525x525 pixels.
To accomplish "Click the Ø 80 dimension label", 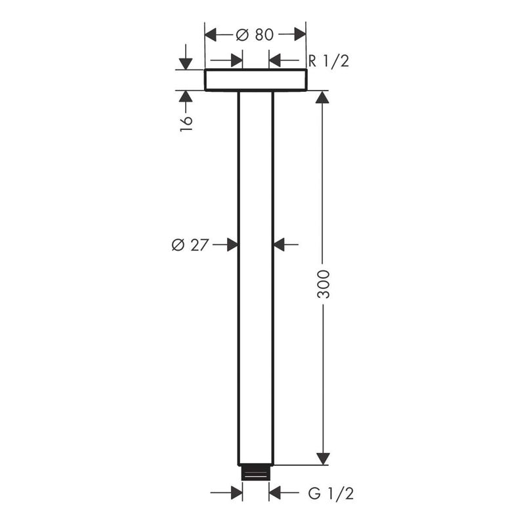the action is coord(255,35).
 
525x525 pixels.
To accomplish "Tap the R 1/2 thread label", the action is coord(329,61).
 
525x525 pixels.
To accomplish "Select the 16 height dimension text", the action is coord(186,124).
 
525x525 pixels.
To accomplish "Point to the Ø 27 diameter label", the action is coord(190,245).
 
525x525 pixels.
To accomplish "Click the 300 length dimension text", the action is coord(324,284).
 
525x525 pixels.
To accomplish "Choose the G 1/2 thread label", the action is coord(331,493).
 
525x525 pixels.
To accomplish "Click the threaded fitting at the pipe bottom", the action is coord(255,472).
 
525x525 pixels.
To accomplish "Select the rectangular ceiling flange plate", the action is coord(255,79).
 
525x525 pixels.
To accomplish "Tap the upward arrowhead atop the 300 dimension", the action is coord(322,97).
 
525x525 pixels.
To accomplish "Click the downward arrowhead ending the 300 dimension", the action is coord(323,459).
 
